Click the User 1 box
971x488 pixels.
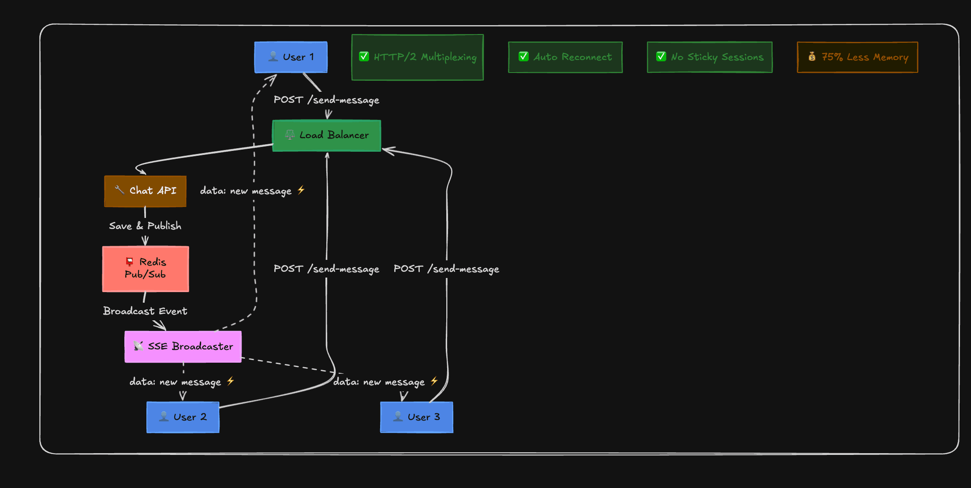point(291,57)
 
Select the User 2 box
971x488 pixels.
point(183,417)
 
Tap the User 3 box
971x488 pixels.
point(416,417)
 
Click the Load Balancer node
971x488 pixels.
point(326,135)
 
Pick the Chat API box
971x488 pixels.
point(145,191)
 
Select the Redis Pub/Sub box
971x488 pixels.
point(146,269)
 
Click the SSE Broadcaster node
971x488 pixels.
point(183,346)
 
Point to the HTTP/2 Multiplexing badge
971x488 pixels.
point(417,57)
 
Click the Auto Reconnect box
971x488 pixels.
point(565,57)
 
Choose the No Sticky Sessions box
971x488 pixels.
point(709,57)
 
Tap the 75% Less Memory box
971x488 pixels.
point(857,57)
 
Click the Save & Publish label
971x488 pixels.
point(145,226)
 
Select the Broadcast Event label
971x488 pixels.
point(145,311)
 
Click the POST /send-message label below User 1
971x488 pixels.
point(326,100)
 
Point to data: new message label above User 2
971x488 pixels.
point(182,382)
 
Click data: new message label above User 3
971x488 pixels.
point(385,382)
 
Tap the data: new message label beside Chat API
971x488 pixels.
point(252,191)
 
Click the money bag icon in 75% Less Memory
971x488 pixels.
point(812,56)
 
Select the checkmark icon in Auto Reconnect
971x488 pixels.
point(523,56)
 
